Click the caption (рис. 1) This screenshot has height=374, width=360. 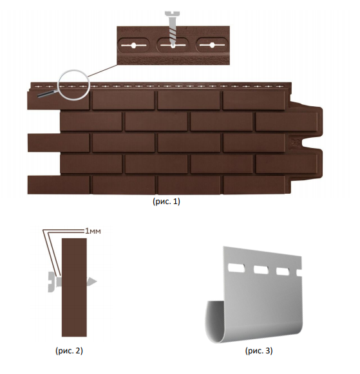coord(166,201)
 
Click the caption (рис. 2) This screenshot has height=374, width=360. coord(69,351)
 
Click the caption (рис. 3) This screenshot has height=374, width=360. coord(259,351)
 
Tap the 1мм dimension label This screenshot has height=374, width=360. coord(93,231)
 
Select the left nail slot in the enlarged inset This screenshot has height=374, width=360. coord(133,45)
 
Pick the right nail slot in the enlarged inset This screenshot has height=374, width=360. coord(212,45)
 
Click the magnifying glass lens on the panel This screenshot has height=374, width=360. coord(74,85)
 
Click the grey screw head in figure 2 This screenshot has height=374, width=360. coord(51,282)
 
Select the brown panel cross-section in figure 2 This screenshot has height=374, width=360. coord(74,287)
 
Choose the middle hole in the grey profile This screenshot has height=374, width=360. coord(261,270)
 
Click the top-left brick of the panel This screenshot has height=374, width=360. coord(58,100)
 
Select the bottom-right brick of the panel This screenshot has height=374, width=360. coord(254,185)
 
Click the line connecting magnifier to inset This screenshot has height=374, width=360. coord(102,71)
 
